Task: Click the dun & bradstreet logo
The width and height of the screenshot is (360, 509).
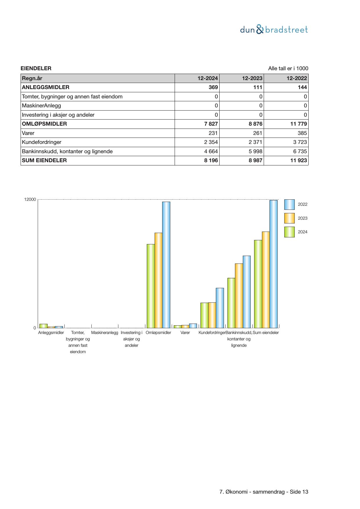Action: tap(274, 30)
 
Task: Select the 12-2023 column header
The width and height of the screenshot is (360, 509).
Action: tap(252, 78)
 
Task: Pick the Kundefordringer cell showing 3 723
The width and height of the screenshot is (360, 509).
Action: tap(299, 142)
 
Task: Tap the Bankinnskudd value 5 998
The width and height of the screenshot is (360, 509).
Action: tap(255, 151)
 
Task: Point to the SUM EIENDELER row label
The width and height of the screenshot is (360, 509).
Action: tap(44, 160)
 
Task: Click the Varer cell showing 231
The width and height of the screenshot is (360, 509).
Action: tap(213, 133)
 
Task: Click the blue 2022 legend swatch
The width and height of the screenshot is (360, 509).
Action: tap(289, 204)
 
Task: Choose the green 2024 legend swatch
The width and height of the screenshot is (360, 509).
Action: tap(289, 232)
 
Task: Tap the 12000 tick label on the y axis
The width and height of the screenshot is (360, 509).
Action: tap(30, 199)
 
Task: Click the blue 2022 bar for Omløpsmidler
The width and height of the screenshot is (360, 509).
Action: tap(166, 265)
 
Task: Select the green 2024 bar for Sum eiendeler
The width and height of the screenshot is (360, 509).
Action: tap(258, 284)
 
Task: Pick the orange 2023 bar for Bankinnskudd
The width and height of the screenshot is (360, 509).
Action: tap(239, 295)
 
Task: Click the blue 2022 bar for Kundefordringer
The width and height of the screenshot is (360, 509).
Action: tap(220, 308)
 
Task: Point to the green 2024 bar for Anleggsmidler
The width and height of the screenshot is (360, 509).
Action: tap(44, 326)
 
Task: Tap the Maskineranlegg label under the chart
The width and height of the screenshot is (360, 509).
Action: tap(105, 333)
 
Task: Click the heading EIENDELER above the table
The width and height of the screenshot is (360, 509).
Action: tap(36, 68)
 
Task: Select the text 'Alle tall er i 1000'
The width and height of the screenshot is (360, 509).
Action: tap(288, 68)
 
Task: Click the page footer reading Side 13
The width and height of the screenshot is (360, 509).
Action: tap(264, 492)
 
